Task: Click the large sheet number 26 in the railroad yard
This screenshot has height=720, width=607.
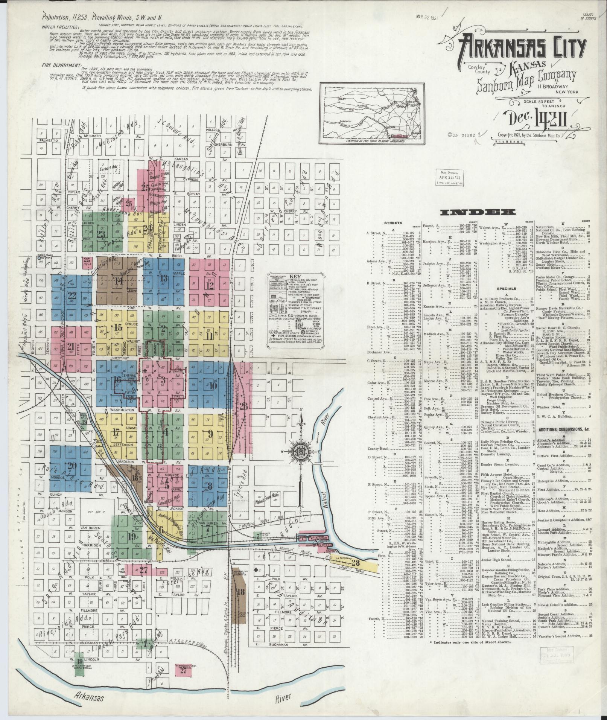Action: pyautogui.click(x=243, y=406)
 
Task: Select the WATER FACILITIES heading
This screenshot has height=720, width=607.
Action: pyautogui.click(x=61, y=27)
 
